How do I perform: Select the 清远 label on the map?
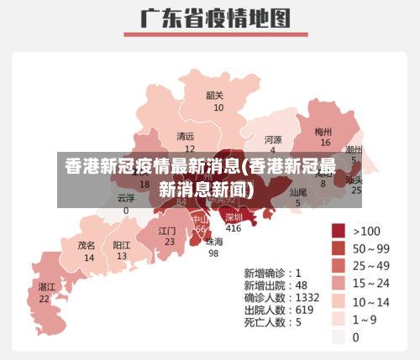pyautogui.click(x=185, y=136)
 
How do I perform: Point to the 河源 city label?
pyautogui.click(x=273, y=138)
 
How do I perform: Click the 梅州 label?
pyautogui.click(x=323, y=132)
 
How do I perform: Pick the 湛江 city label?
pyautogui.click(x=46, y=287)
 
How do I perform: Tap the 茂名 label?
pyautogui.click(x=87, y=246)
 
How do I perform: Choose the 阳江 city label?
pyautogui.click(x=122, y=246)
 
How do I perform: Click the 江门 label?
pyautogui.click(x=167, y=230)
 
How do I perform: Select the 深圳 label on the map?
pyautogui.click(x=234, y=217)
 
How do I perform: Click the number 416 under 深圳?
pyautogui.click(x=234, y=228)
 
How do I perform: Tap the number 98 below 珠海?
pyautogui.click(x=214, y=253)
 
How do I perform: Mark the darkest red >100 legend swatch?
pyautogui.click(x=339, y=231)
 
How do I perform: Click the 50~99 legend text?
pyautogui.click(x=370, y=248)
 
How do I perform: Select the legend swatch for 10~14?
pyautogui.click(x=339, y=301)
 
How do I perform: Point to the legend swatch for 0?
pyautogui.click(x=339, y=337)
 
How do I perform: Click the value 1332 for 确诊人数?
pyautogui.click(x=307, y=297)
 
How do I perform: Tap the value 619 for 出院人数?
pyautogui.click(x=304, y=309)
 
